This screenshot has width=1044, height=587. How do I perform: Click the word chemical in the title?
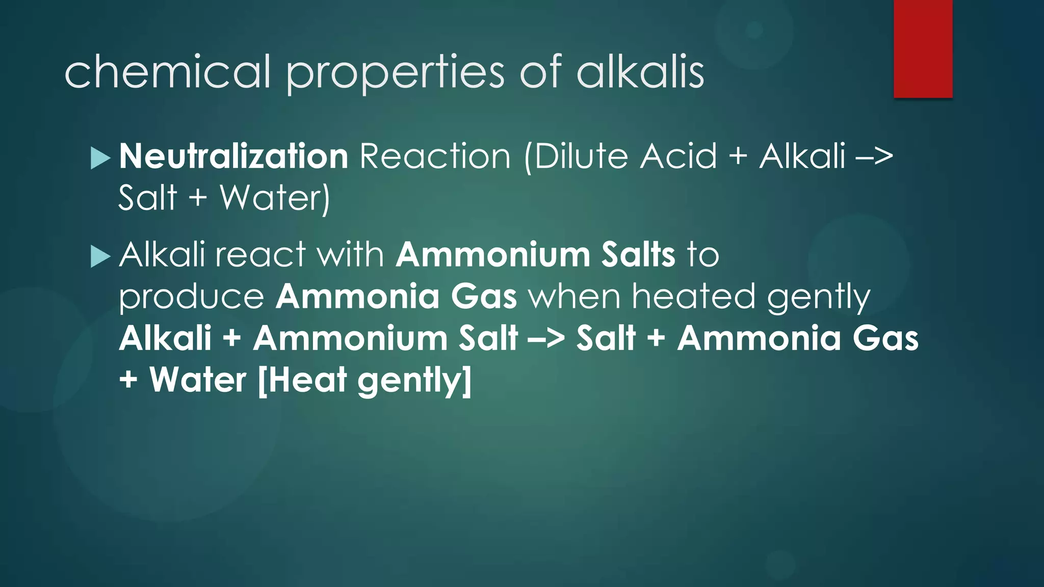[167, 72]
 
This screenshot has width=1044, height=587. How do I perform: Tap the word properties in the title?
[395, 73]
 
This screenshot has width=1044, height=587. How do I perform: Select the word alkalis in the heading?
[640, 72]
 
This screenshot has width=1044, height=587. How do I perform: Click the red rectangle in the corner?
[923, 49]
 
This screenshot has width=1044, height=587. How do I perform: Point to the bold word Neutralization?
[233, 156]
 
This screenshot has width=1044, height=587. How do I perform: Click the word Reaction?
[435, 156]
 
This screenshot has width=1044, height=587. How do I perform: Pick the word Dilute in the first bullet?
[581, 156]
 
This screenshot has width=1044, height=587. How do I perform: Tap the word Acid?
[678, 156]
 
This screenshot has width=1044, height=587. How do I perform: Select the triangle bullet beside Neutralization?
[100, 158]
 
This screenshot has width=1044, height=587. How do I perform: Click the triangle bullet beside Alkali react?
[100, 256]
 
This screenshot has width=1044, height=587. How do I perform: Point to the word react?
[260, 255]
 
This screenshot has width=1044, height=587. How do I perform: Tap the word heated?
[693, 296]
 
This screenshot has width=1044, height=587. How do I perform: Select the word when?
[575, 296]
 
